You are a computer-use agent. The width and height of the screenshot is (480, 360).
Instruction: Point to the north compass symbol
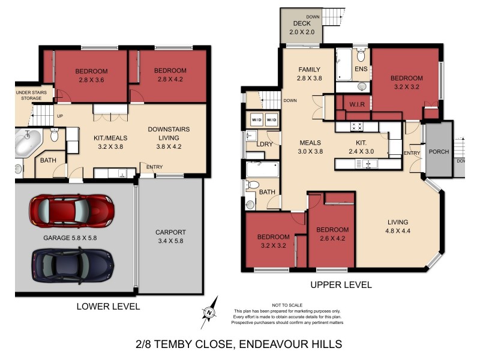208,312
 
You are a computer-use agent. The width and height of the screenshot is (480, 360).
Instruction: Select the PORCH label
439,152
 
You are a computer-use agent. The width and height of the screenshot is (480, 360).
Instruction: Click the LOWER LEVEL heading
108,307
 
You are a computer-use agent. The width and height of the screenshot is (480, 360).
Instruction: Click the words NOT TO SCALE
285,305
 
